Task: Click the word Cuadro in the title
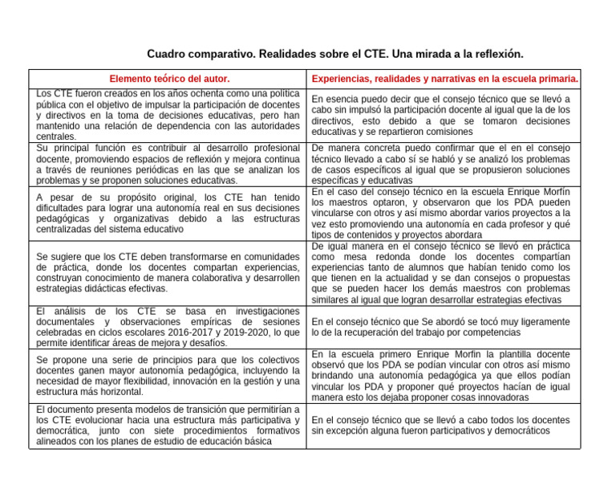click(166, 54)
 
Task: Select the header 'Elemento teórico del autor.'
click(169, 79)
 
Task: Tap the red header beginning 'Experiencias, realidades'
click(445, 79)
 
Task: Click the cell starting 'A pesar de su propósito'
click(168, 212)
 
